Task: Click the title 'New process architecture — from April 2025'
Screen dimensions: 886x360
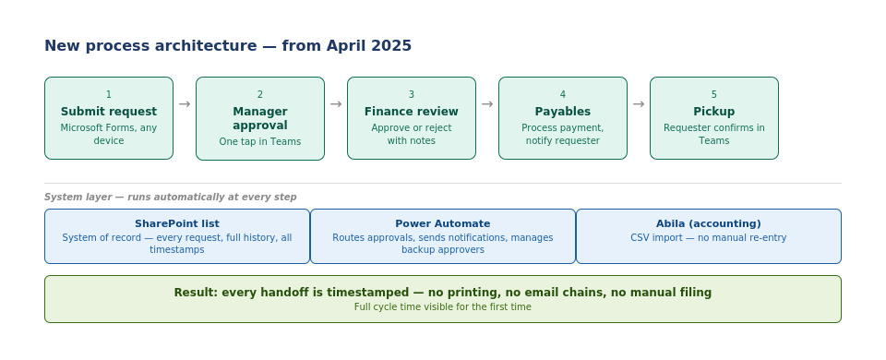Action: click(228, 46)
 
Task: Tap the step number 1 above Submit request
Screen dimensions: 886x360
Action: click(109, 94)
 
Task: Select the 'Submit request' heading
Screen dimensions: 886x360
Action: click(109, 112)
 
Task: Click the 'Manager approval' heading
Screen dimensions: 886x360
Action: click(260, 118)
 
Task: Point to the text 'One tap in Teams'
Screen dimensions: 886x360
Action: click(260, 141)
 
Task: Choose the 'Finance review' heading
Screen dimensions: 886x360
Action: click(412, 112)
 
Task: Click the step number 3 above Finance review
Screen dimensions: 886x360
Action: click(412, 94)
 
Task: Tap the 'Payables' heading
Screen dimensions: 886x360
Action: click(563, 112)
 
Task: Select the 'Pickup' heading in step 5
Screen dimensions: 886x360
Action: click(714, 112)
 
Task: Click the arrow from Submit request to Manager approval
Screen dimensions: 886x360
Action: click(185, 104)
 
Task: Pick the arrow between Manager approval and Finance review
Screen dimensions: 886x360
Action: click(336, 104)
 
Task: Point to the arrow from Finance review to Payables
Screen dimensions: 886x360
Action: click(487, 104)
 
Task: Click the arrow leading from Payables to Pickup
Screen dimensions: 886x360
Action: click(639, 104)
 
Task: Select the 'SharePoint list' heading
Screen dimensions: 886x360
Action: click(177, 223)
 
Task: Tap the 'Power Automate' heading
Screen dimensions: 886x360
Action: click(443, 223)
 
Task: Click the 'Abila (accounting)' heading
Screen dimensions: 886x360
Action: click(709, 223)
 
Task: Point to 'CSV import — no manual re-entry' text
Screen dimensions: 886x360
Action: click(709, 237)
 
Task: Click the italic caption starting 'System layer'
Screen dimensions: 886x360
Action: click(171, 198)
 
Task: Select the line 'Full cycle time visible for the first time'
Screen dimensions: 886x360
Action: click(443, 306)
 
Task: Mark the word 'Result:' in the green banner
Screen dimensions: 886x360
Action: click(196, 293)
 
